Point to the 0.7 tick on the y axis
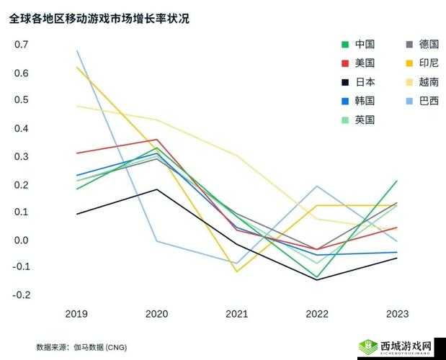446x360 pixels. click(22, 45)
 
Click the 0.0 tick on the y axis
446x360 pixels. click(22, 240)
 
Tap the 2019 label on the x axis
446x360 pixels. click(76, 314)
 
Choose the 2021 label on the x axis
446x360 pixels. click(236, 314)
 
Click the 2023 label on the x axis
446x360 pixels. click(396, 314)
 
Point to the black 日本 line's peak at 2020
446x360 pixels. click(156, 189)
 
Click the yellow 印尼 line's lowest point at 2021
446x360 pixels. click(236, 271)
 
